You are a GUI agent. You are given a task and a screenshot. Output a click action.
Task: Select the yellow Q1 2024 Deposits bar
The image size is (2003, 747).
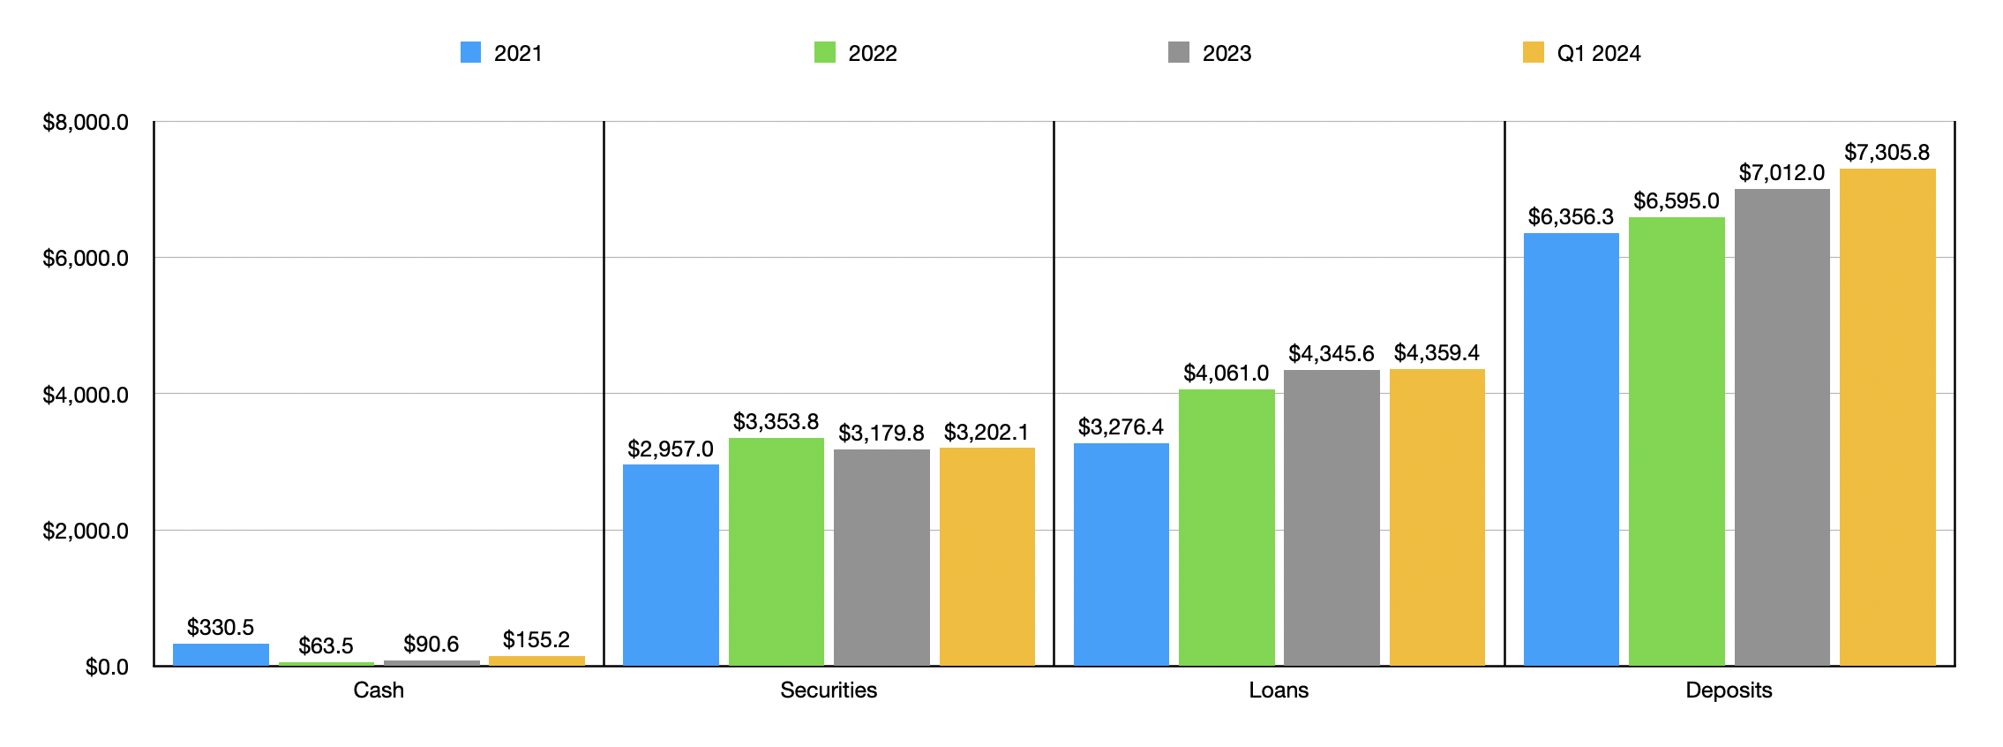point(1887,417)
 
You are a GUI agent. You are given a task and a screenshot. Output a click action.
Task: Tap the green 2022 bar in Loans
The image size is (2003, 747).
point(1227,527)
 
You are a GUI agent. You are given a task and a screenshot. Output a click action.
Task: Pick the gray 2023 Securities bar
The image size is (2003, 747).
point(881,557)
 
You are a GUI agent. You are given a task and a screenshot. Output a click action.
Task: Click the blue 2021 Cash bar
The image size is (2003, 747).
point(221,654)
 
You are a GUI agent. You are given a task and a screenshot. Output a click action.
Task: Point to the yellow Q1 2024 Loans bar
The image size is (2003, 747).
point(1437,517)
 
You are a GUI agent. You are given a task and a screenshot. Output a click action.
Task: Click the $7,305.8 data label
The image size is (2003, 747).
point(1887,153)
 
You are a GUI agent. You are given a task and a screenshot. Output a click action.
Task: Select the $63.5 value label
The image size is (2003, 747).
point(326,646)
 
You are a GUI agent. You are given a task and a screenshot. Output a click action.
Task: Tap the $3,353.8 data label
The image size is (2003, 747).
point(776,422)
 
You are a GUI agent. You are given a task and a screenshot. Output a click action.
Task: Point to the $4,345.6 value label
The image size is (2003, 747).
point(1331,354)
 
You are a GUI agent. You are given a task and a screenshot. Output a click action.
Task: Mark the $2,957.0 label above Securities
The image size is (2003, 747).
point(670,449)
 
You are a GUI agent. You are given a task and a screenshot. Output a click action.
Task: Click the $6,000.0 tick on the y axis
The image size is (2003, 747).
point(86,259)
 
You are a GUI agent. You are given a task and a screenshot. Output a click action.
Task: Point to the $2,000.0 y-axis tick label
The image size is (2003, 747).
point(86,531)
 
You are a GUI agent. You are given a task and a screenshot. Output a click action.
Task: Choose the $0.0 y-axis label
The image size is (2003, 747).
point(107,668)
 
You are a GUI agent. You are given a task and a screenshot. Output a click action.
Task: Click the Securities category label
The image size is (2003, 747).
point(829,690)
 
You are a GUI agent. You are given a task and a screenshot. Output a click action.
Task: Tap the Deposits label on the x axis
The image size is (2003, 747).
point(1729,690)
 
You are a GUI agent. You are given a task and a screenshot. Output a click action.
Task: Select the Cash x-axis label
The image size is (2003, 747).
point(379,690)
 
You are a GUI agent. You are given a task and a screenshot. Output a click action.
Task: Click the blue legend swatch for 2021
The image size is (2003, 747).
point(471,53)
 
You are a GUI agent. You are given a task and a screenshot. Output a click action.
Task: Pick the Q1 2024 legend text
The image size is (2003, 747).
point(1598,54)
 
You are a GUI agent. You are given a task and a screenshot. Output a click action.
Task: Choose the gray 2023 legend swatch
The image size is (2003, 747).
point(1179,53)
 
